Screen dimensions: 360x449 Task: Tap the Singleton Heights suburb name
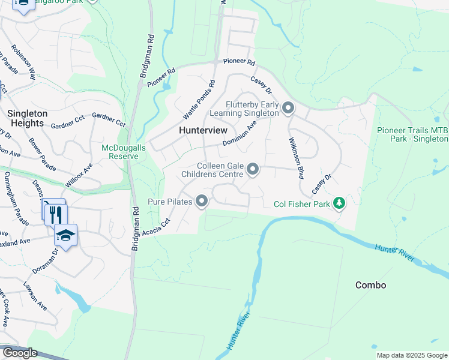[27, 118]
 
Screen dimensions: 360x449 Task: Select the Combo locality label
[370, 285]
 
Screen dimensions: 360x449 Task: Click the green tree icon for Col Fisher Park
[340, 203]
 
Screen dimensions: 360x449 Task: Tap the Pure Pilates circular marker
[203, 202]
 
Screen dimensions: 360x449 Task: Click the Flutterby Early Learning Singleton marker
[288, 108]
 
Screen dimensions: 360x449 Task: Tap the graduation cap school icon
[66, 235]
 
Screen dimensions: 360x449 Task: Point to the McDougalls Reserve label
[120, 152]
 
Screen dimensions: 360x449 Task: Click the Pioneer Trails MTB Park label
[412, 134]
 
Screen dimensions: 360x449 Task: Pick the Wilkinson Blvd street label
[295, 158]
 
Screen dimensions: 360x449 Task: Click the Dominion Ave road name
[240, 133]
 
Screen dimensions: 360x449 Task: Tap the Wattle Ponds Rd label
[199, 99]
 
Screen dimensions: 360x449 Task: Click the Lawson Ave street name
[35, 296]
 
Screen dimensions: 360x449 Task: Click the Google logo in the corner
[20, 353]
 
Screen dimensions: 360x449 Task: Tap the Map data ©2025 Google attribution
[411, 355]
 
